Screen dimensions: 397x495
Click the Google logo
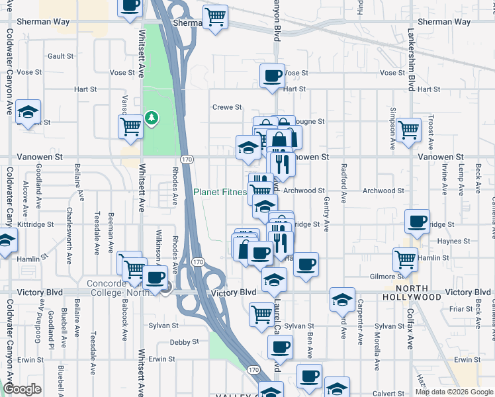[x=22, y=389]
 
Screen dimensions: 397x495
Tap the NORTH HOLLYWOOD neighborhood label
[x=420, y=293]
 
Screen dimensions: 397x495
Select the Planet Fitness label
[x=220, y=193]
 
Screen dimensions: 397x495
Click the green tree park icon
[x=153, y=118]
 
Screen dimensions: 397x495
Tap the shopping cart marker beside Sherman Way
[x=215, y=17]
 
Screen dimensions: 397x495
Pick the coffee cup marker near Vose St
[x=272, y=75]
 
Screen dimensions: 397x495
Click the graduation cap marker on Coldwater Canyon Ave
[x=28, y=112]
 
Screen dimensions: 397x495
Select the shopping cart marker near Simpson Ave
[x=408, y=130]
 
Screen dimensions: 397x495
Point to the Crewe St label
[x=227, y=107]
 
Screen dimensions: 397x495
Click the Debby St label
[x=184, y=342]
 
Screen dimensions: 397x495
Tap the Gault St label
[x=69, y=56]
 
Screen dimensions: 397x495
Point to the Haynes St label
[x=453, y=242]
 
